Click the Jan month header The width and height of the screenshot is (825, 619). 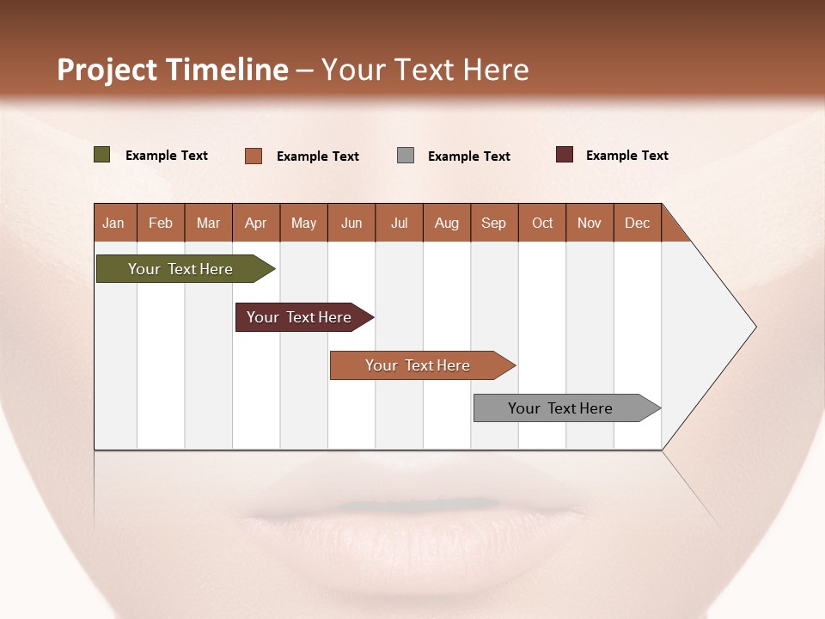(114, 224)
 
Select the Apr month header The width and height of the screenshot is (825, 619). (256, 224)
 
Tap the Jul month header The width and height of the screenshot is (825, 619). (399, 224)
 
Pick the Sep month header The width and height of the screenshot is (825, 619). (494, 224)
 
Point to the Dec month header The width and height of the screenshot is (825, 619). (637, 224)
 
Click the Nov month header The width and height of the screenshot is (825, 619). (590, 224)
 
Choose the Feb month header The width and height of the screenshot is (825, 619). (161, 224)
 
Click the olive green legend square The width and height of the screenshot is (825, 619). (102, 155)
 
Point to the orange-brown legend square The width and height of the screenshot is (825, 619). (254, 156)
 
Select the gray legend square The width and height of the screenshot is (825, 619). (406, 156)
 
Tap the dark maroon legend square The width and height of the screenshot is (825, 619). (565, 155)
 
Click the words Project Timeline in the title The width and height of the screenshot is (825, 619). (172, 70)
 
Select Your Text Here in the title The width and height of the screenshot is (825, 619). (425, 70)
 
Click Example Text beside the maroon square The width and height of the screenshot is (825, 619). (627, 156)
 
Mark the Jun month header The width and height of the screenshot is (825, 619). (351, 224)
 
